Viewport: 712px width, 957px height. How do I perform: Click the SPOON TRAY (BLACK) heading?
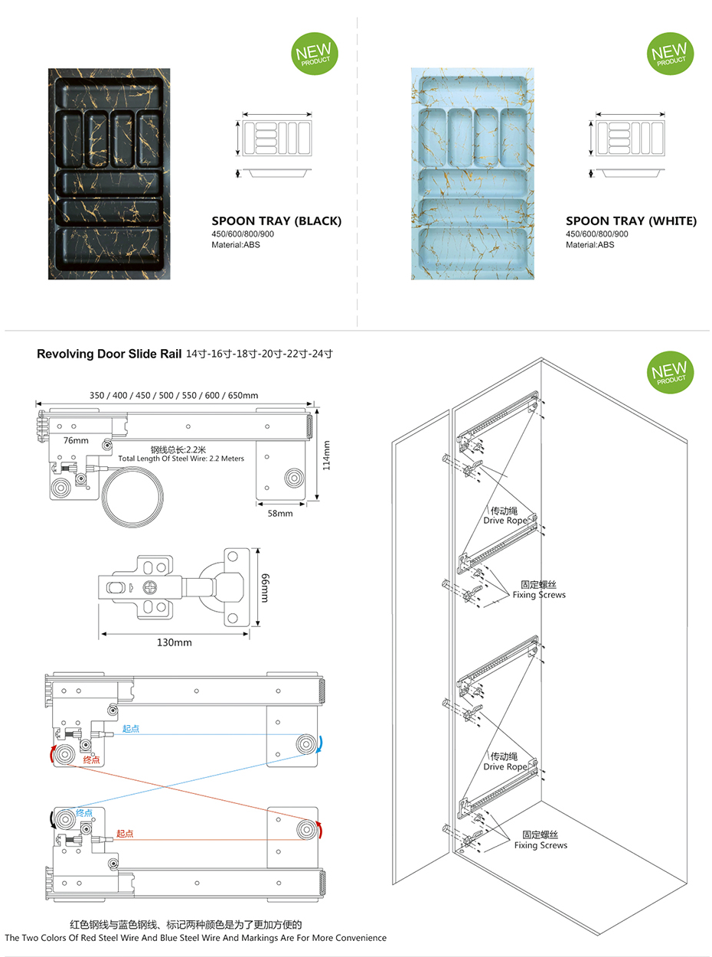276,221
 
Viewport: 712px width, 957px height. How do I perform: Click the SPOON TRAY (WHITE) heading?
631,221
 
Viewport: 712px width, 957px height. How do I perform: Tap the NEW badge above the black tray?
315,54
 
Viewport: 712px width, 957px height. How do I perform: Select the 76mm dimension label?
76,440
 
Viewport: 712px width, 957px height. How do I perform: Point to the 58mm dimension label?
280,513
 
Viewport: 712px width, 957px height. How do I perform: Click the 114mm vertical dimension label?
327,455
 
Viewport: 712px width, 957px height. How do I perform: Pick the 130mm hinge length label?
174,642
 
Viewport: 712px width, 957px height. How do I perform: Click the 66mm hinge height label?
264,586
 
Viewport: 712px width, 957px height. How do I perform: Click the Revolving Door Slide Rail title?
109,354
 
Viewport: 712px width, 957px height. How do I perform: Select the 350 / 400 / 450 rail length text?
174,395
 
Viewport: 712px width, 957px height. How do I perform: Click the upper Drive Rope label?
505,521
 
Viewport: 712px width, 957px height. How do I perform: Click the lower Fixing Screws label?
541,845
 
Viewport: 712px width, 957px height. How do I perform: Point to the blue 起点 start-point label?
131,729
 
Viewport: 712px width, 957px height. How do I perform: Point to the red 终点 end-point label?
91,760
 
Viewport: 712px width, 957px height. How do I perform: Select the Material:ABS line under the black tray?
236,245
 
